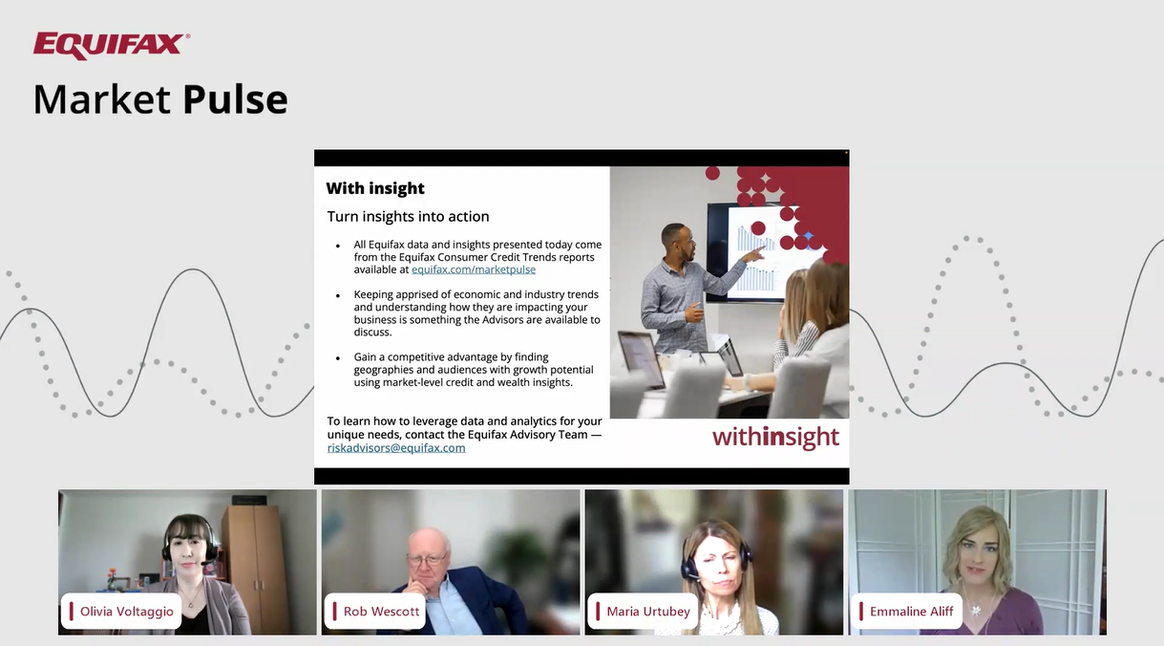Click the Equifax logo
pyautogui.click(x=111, y=45)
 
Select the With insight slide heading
pyautogui.click(x=375, y=188)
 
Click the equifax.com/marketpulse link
pyautogui.click(x=474, y=269)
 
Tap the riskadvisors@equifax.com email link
pyautogui.click(x=396, y=448)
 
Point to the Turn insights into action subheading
pyautogui.click(x=408, y=216)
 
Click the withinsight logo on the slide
pyautogui.click(x=775, y=438)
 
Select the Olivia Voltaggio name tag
pyautogui.click(x=121, y=612)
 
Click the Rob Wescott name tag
pyautogui.click(x=375, y=612)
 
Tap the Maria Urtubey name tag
pyautogui.click(x=643, y=612)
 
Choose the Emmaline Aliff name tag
pyautogui.click(x=906, y=612)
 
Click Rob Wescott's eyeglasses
pyautogui.click(x=427, y=560)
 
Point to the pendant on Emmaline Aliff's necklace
pyautogui.click(x=977, y=610)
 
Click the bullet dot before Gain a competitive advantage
pyautogui.click(x=338, y=357)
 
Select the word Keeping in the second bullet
pyautogui.click(x=373, y=295)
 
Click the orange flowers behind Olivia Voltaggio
pyautogui.click(x=112, y=572)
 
